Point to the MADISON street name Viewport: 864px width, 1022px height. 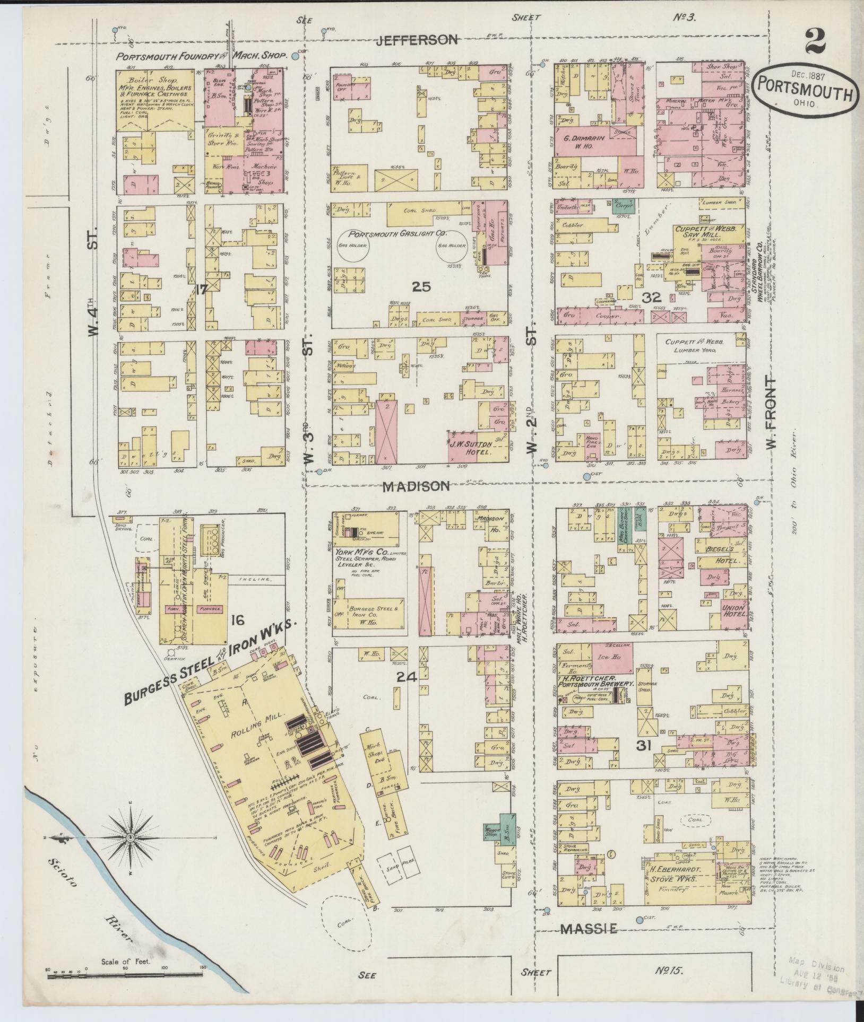click(417, 486)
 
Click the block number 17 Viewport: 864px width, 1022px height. click(201, 290)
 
